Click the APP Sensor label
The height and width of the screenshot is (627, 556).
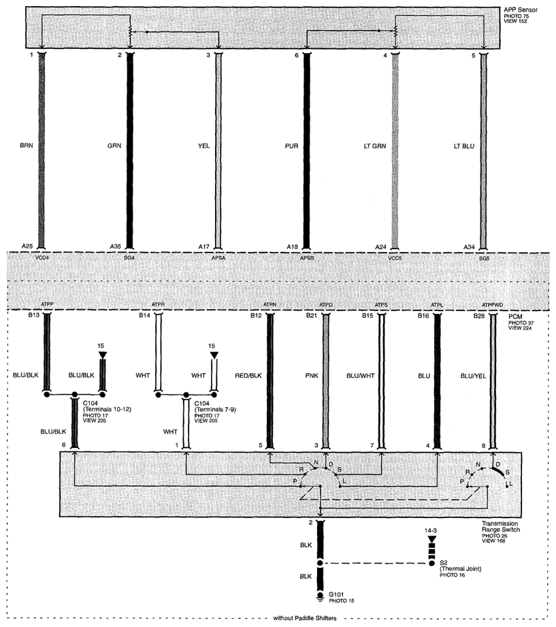tap(521, 10)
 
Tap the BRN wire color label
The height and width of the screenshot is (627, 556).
tap(27, 146)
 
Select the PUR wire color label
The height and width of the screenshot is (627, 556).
tap(291, 146)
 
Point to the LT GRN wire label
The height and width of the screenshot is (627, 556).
tap(375, 146)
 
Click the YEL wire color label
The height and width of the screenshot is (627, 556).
tap(204, 146)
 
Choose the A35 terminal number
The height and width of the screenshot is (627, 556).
tap(116, 246)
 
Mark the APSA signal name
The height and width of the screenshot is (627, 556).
tap(218, 258)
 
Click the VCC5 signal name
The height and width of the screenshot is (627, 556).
tap(395, 258)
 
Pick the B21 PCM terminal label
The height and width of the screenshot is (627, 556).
tap(312, 315)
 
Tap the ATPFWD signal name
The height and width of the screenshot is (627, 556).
tap(493, 305)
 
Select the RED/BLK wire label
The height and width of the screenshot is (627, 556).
tap(248, 376)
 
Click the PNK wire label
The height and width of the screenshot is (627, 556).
tap(312, 376)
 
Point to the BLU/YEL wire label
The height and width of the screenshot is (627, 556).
tap(473, 376)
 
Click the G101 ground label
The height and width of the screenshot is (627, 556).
tap(336, 594)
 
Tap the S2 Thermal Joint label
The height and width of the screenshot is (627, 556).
tap(461, 566)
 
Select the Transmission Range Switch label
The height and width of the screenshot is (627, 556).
tap(501, 527)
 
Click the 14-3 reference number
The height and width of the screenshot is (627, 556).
tap(431, 530)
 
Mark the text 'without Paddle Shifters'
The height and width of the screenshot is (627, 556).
tap(305, 618)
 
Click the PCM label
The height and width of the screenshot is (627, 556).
tap(515, 317)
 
